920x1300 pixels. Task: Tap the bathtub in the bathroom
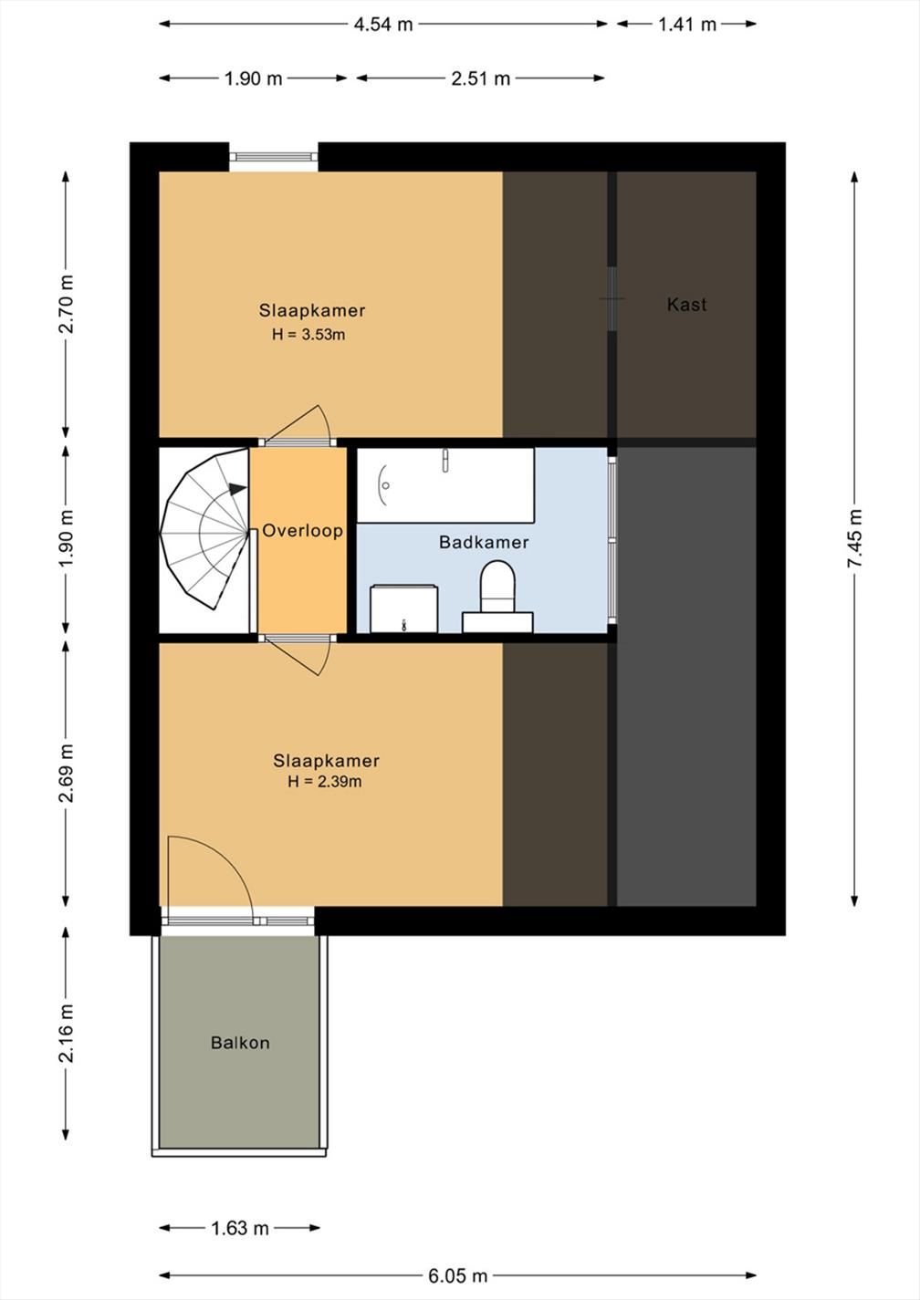click(x=445, y=485)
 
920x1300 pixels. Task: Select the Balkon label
click(x=240, y=1043)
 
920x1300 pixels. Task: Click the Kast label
click(x=686, y=304)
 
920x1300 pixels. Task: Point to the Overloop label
click(x=302, y=530)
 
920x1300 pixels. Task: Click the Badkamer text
click(x=484, y=542)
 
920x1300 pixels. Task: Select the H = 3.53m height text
click(x=308, y=335)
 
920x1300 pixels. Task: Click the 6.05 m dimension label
click(x=458, y=1275)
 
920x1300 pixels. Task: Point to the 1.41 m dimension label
click(x=687, y=25)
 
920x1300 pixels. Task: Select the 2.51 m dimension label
click(x=481, y=78)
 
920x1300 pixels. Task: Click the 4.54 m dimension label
click(x=383, y=25)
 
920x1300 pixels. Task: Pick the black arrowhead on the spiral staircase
click(x=237, y=489)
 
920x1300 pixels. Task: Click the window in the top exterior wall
click(x=274, y=157)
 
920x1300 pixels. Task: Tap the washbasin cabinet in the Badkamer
click(x=403, y=608)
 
